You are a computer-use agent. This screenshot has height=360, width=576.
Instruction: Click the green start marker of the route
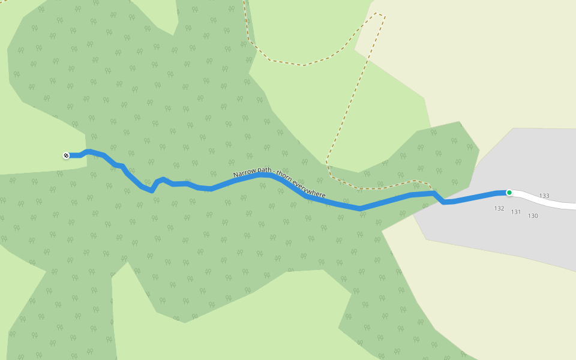coord(509,193)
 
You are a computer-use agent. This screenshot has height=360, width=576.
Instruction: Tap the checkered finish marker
coord(66,156)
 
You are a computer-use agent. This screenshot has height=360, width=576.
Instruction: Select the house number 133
coord(544,196)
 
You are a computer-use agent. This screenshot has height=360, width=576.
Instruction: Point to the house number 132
coord(499,208)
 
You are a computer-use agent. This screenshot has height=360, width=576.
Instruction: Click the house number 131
coord(516,212)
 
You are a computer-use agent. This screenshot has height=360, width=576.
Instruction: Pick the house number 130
coord(533,215)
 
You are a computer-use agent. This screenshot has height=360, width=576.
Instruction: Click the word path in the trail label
coord(263,171)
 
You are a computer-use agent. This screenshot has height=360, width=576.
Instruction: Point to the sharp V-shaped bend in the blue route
coord(152,191)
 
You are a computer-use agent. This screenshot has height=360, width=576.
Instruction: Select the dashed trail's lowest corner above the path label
coord(328,161)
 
